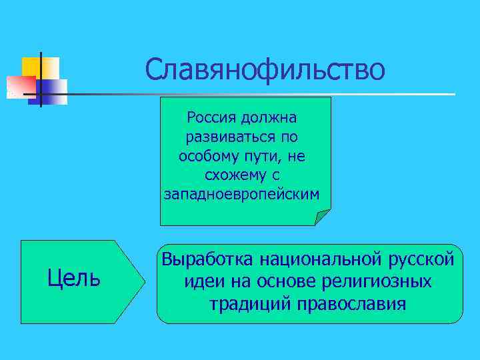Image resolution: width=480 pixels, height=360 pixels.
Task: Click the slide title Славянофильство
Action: coord(265,69)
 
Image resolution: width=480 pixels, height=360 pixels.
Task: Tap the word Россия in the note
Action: coord(209,118)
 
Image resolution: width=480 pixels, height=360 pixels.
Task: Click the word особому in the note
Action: coord(207,155)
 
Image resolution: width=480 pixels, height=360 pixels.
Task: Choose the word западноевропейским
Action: coord(242,193)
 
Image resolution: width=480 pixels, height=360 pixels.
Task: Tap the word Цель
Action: coord(75,277)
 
